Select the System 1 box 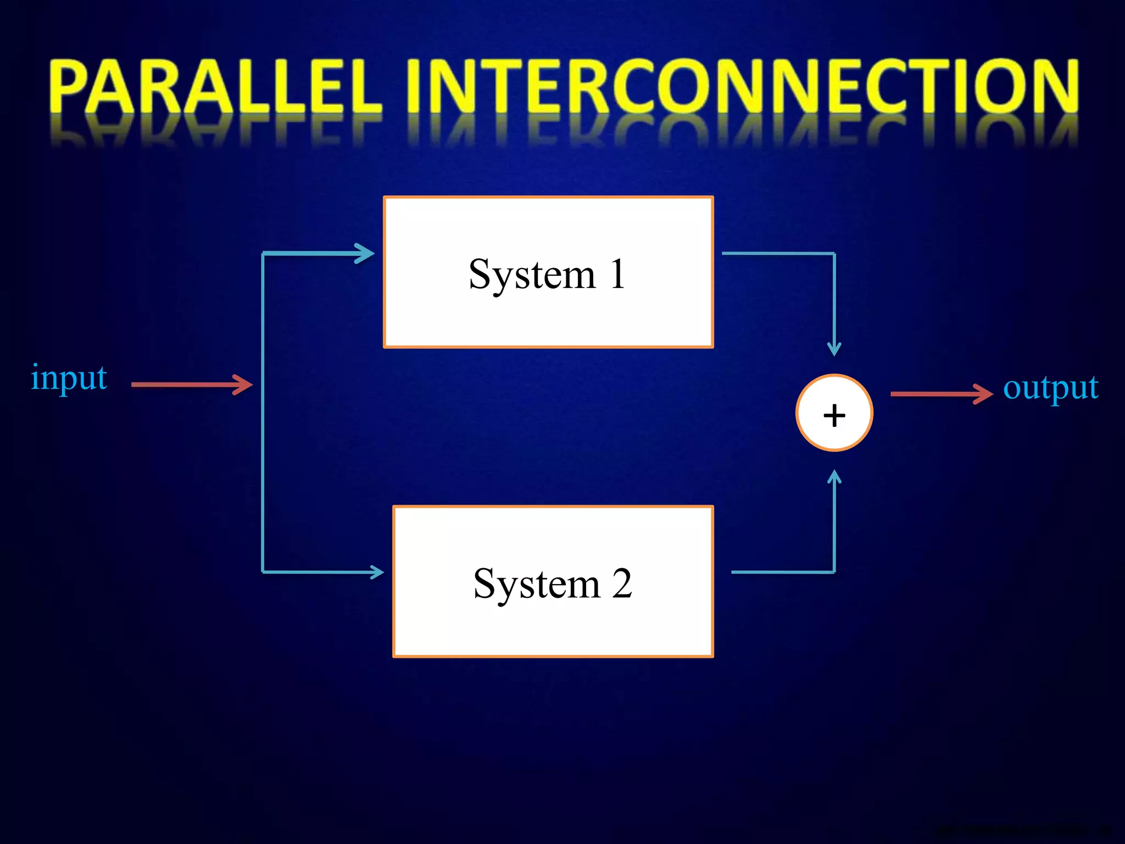coord(548,319)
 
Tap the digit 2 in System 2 coord(622,584)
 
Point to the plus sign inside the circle coord(834,415)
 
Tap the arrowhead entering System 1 coord(365,253)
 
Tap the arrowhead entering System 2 coord(377,572)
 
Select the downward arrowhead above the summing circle coord(834,348)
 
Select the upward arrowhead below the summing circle coord(834,477)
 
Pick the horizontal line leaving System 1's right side coord(777,253)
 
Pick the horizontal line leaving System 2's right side coord(783,572)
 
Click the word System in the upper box coord(532,275)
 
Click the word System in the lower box coord(536,584)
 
